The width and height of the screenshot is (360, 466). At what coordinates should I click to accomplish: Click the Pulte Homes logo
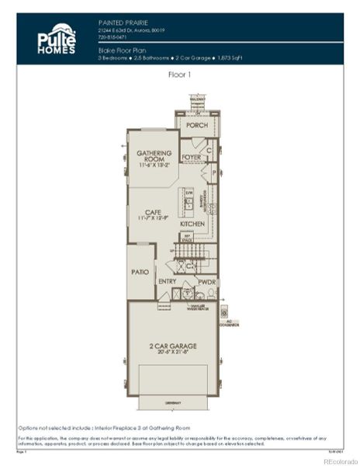(57, 39)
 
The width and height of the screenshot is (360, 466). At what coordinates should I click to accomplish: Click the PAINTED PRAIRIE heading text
(123, 23)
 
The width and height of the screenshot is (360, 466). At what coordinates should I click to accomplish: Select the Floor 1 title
(179, 75)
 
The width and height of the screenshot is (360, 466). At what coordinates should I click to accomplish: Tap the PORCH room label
(196, 124)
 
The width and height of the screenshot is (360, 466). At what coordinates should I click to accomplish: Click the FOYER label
(191, 158)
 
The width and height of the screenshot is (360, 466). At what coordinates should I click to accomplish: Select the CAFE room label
(154, 212)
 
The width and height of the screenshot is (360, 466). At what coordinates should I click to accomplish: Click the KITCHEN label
(192, 224)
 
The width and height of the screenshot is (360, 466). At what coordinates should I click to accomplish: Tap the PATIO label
(140, 273)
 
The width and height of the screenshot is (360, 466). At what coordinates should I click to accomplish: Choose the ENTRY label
(167, 281)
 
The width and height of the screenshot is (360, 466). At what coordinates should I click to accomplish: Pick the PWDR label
(206, 282)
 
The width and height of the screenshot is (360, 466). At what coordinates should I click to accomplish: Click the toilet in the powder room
(210, 294)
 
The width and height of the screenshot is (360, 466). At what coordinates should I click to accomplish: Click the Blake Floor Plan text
(122, 48)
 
